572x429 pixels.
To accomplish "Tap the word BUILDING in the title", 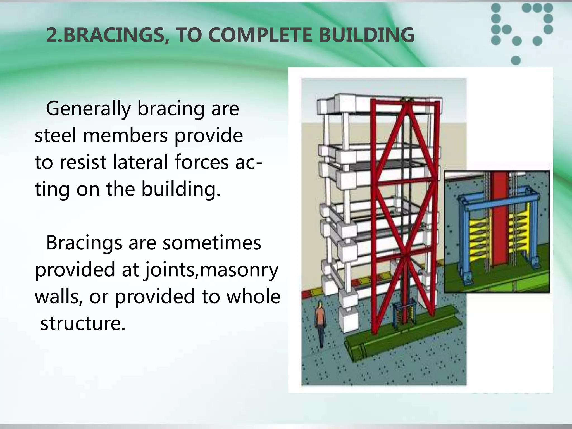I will click(x=366, y=35).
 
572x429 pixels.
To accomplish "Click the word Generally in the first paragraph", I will click(x=88, y=109).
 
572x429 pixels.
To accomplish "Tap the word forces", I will click(x=202, y=162).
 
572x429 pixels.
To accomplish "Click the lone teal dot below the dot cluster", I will click(x=516, y=60).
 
